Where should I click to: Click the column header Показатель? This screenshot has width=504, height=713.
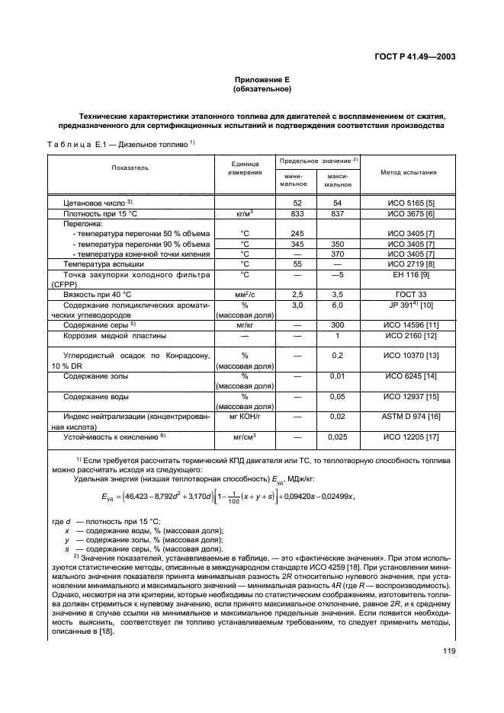pyautogui.click(x=130, y=167)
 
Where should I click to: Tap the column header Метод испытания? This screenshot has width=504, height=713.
pyautogui.click(x=409, y=172)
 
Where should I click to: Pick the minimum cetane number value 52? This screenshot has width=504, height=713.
pyautogui.click(x=298, y=202)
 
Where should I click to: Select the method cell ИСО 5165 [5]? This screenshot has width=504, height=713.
pyautogui.click(x=410, y=202)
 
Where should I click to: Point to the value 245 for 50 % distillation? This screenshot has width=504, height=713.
pyautogui.click(x=298, y=233)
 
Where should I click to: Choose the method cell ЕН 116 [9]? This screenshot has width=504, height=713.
pyautogui.click(x=410, y=273)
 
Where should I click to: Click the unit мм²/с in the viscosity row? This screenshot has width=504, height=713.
pyautogui.click(x=246, y=293)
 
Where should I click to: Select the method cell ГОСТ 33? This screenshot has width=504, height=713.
pyautogui.click(x=410, y=293)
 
